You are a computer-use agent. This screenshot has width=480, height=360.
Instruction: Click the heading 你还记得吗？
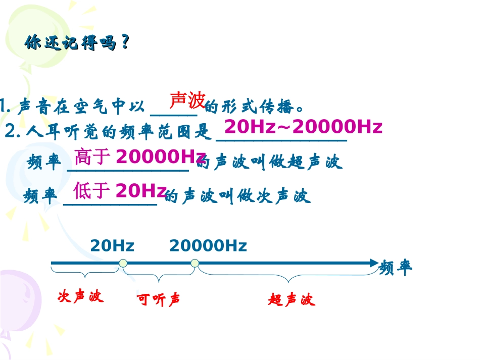pyautogui.click(x=76, y=43)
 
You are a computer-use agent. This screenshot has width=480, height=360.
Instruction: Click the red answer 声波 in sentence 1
pyautogui.click(x=186, y=100)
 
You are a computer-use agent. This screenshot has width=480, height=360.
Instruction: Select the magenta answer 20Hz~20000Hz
pyautogui.click(x=303, y=127)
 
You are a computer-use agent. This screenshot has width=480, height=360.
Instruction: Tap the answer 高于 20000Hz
pyautogui.click(x=139, y=158)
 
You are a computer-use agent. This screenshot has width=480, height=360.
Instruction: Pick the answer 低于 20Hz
pyautogui.click(x=120, y=191)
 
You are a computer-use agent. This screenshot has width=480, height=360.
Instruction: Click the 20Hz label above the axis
pyautogui.click(x=112, y=246)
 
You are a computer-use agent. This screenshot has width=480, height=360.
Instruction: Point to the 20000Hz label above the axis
pyautogui.click(x=208, y=246)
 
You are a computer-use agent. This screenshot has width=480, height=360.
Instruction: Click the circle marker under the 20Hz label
pyautogui.click(x=122, y=263)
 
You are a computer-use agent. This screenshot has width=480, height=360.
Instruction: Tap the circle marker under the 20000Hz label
pyautogui.click(x=195, y=263)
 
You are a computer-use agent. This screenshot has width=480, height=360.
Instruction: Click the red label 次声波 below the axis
pyautogui.click(x=80, y=296)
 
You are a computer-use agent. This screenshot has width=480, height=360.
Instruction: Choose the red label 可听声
pyautogui.click(x=159, y=300)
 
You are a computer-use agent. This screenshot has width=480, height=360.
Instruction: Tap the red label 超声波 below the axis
pyautogui.click(x=291, y=300)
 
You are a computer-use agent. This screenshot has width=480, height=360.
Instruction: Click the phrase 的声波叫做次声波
pyautogui.click(x=238, y=196)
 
